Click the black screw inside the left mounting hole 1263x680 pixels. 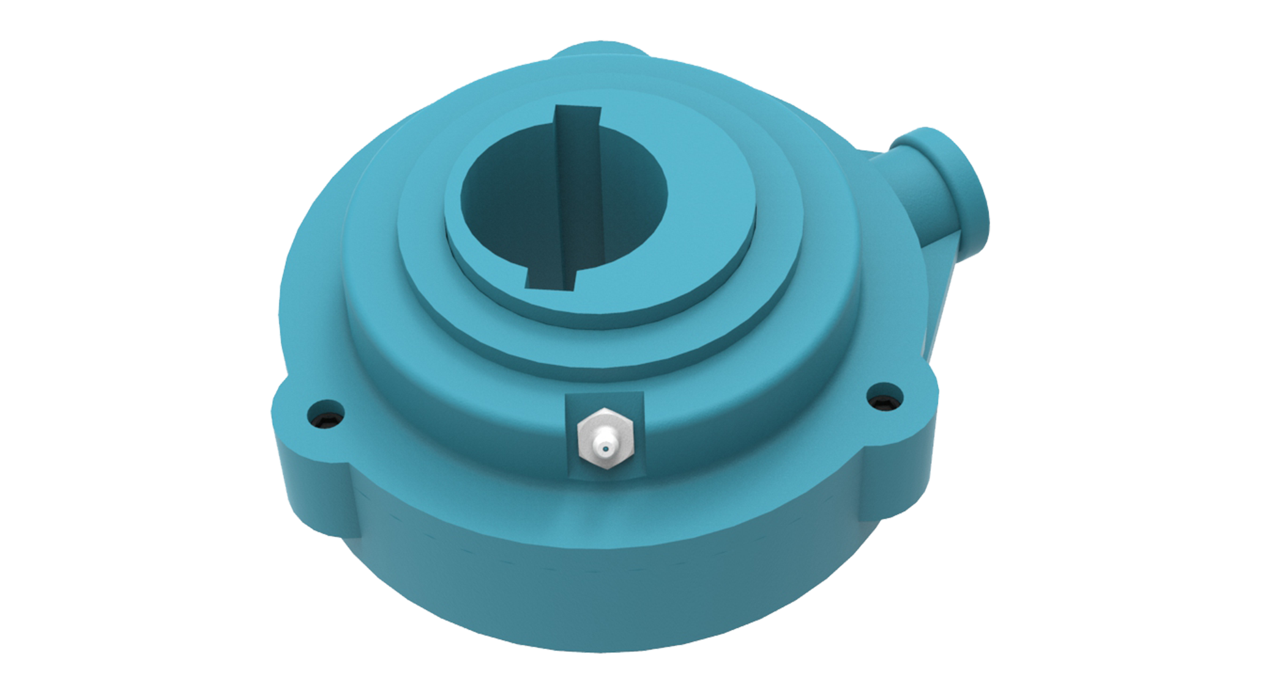click(x=326, y=419)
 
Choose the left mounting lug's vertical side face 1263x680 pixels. click(x=312, y=471)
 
